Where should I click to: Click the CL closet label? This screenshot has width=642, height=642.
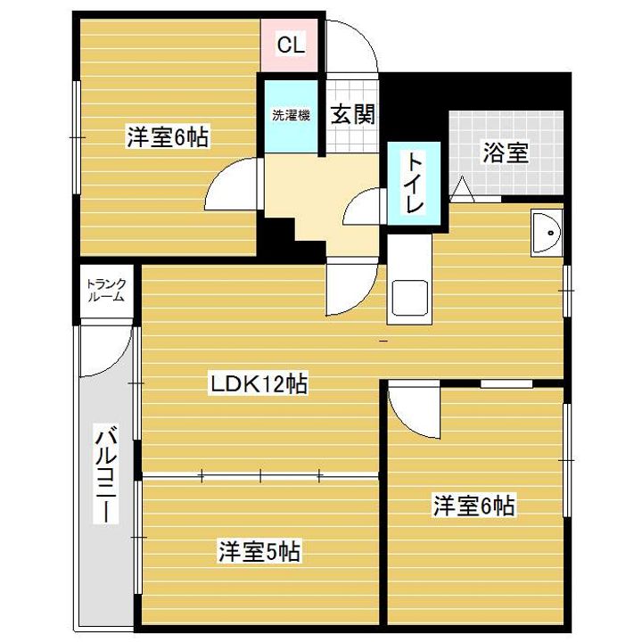click(291, 45)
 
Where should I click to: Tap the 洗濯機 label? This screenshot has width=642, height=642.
click(291, 115)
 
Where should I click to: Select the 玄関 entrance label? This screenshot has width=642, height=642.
click(352, 114)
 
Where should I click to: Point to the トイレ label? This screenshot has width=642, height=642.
click(414, 183)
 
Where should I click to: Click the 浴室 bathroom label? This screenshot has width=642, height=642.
click(506, 152)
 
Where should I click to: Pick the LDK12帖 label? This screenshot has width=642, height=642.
click(259, 383)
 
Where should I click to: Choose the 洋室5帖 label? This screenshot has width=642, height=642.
click(259, 551)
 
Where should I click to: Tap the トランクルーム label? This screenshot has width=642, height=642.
click(106, 291)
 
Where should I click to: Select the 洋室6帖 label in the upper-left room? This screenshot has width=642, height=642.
click(168, 136)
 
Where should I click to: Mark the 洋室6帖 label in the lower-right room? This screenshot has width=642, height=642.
click(474, 506)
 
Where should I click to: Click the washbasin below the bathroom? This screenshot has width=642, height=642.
click(547, 233)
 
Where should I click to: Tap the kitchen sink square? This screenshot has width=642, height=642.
click(409, 298)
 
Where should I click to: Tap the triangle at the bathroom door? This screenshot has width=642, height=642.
click(462, 188)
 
